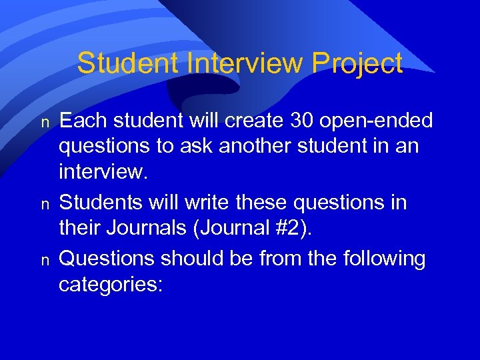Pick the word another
tap(254, 145)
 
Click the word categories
tap(110, 284)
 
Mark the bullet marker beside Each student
tap(45, 123)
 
